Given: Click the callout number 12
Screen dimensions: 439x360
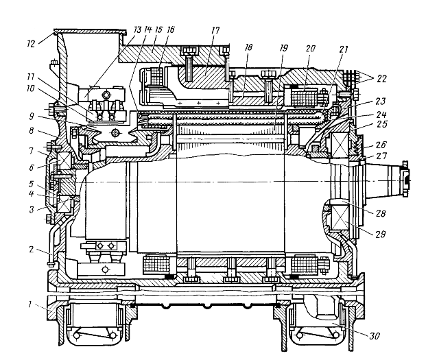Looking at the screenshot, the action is click(31, 44).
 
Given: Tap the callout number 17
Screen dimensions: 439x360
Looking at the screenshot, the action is click(215, 30).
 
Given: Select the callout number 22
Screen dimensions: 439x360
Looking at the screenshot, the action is click(381, 79).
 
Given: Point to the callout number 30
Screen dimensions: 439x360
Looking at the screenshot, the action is click(375, 335).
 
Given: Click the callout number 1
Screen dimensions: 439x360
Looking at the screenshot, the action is click(30, 304).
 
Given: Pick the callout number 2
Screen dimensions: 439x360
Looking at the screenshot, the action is click(32, 249).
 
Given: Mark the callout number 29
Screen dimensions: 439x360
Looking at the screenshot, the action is click(381, 234).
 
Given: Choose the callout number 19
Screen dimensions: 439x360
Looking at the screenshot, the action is click(283, 48).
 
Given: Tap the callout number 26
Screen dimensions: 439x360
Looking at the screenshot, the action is click(381, 145).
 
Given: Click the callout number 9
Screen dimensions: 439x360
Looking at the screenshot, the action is click(32, 117).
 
